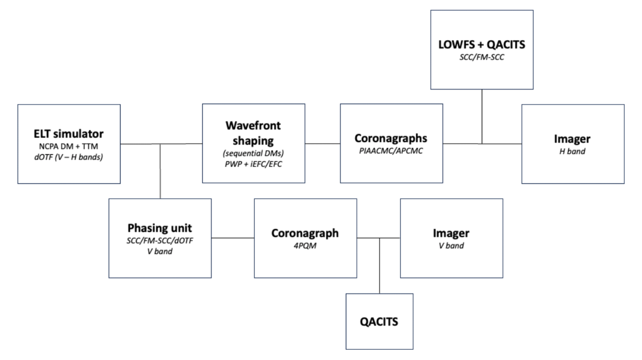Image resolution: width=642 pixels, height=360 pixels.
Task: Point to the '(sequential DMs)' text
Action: click(x=253, y=153)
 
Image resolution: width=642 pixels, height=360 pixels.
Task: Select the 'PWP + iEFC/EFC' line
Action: click(x=253, y=164)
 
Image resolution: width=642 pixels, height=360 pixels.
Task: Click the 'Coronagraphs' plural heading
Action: click(x=391, y=139)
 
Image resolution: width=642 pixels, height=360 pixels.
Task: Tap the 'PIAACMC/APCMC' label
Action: click(x=391, y=152)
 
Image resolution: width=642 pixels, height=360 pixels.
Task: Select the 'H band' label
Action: click(x=573, y=152)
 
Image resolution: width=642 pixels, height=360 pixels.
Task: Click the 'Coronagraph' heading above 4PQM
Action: click(x=305, y=233)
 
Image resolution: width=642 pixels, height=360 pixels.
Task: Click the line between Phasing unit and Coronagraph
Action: click(x=233, y=238)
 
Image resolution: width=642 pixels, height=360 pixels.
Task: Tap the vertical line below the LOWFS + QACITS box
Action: click(x=482, y=116)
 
